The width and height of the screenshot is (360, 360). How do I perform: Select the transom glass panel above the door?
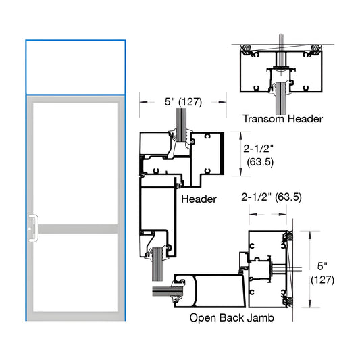coord(76,68)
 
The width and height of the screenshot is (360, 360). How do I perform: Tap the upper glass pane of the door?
coord(76,161)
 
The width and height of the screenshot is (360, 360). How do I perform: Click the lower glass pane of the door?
coord(76,272)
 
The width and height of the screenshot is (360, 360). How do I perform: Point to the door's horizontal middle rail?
coord(76,229)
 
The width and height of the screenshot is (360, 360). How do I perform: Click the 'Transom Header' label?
coord(283,119)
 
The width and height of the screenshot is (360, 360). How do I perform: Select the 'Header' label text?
coord(199,199)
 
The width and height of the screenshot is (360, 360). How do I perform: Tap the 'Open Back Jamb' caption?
coord(231,317)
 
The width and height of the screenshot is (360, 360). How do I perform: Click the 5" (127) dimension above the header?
coord(182,103)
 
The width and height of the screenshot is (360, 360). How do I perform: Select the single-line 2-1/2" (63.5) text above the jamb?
coord(271,197)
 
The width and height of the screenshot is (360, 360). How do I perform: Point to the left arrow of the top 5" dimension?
coord(143,103)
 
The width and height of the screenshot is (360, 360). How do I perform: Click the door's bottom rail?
coord(76,315)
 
